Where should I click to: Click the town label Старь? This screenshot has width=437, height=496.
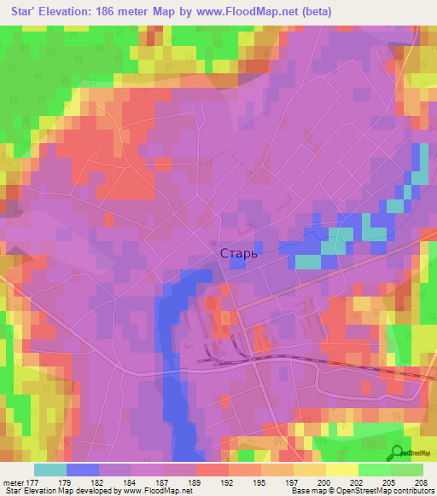(238, 253)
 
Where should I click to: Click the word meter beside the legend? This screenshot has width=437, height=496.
(15, 482)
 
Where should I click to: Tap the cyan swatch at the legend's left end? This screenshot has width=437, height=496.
(50, 470)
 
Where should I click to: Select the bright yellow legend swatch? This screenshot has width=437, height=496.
(341, 470)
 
